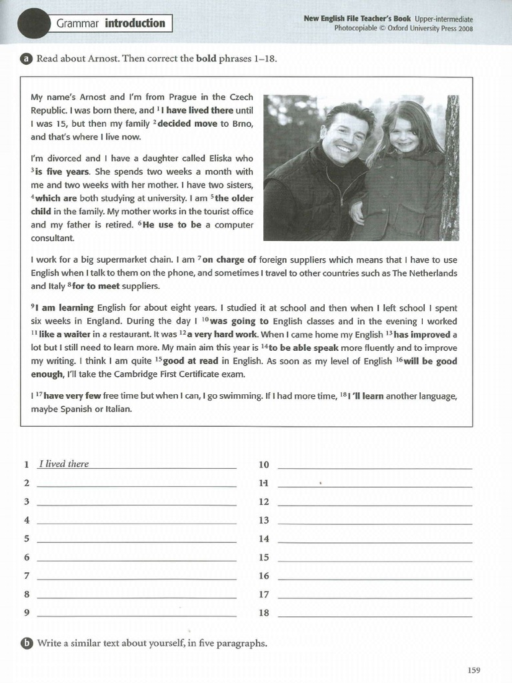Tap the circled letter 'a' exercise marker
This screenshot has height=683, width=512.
pos(26,59)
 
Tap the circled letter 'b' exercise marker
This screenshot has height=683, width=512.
pos(26,643)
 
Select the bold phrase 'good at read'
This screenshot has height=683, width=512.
pos(190,361)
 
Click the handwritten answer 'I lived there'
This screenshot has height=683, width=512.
pos(64,464)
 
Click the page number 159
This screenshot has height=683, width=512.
pos(473,670)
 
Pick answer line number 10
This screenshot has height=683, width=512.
pos(374,465)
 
